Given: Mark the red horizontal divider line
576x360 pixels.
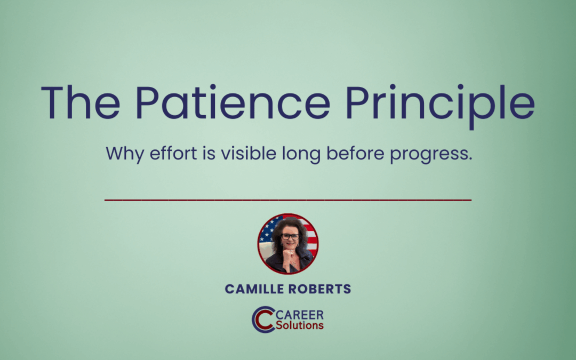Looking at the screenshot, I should pos(288,200).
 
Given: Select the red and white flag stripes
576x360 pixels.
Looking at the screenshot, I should pos(311,240).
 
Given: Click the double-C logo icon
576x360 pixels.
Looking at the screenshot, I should pos(263,319).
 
